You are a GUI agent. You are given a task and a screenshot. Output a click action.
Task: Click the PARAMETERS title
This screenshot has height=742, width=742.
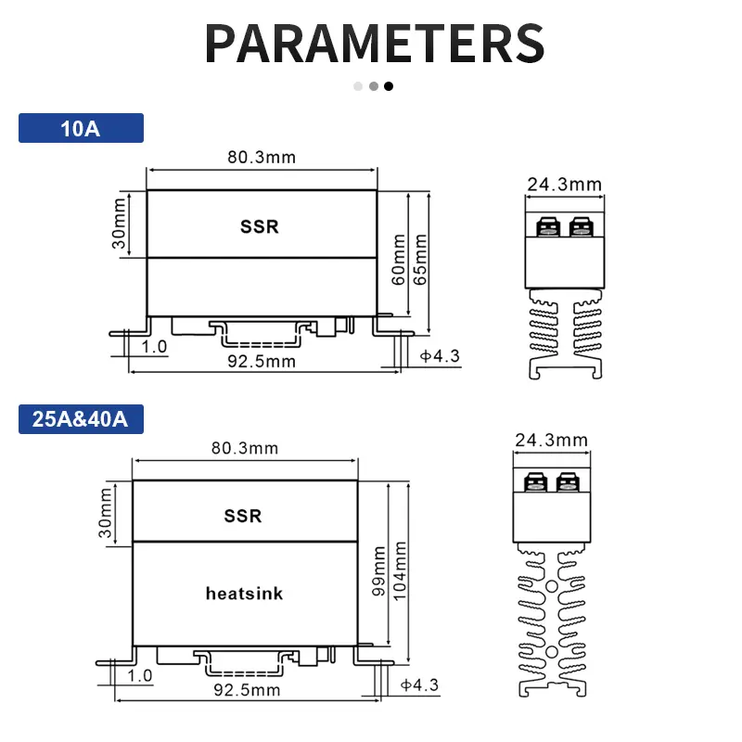[374, 43]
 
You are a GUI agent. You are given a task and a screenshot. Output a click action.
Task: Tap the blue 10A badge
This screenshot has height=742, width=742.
[81, 128]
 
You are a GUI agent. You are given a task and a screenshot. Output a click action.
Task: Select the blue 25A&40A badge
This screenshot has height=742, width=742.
[81, 419]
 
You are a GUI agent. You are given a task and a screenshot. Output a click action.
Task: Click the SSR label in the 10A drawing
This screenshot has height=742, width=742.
[259, 226]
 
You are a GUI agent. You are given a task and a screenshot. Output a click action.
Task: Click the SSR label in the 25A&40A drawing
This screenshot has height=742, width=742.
[243, 516]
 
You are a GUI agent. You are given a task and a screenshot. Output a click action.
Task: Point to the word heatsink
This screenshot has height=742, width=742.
[244, 594]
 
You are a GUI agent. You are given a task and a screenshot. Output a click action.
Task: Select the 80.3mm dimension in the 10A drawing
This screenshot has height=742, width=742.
[262, 157]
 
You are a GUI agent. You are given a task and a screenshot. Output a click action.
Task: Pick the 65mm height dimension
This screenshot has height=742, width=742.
[422, 261]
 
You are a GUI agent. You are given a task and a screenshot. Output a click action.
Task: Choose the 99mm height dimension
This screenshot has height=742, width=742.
[378, 571]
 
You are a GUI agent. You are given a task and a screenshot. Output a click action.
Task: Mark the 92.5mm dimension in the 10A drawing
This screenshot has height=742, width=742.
[262, 361]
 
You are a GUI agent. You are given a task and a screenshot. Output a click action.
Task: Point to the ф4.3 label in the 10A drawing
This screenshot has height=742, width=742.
[441, 356]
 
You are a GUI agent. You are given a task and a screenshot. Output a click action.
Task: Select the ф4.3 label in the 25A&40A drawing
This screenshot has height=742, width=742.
[419, 685]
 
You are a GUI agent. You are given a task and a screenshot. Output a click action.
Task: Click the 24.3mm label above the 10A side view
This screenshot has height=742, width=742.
[564, 185]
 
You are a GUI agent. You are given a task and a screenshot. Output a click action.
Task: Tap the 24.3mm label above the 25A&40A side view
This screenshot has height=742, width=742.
[550, 439]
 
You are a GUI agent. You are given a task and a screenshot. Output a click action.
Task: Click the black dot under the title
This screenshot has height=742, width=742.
[389, 86]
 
